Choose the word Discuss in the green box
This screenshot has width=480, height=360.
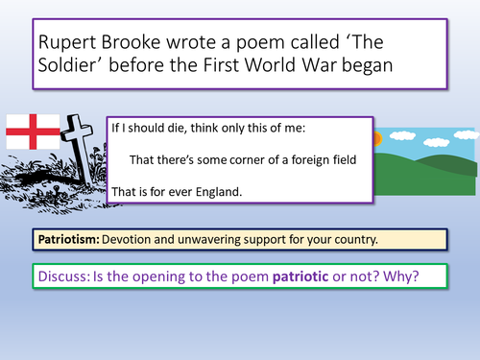(65, 275)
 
